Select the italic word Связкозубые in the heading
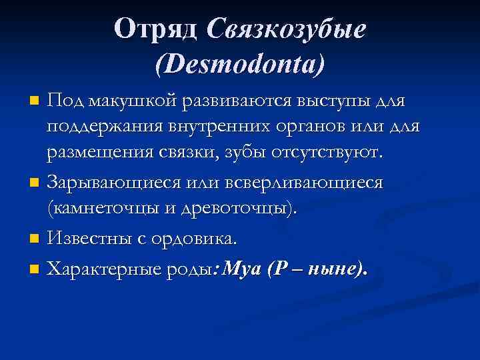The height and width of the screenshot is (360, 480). point(287,29)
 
